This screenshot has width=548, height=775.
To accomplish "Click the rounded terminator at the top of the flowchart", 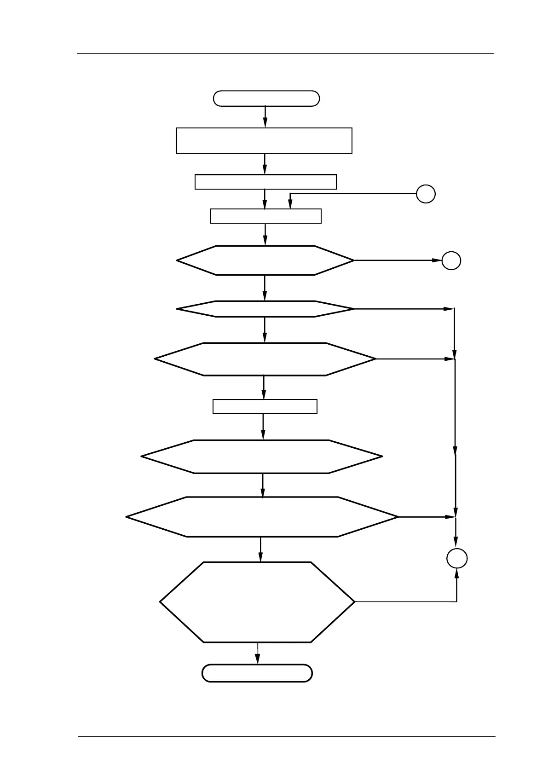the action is (x=266, y=98).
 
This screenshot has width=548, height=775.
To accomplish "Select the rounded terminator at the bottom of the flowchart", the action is (x=257, y=673).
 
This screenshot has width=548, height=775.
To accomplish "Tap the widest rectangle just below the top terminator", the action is (x=264, y=140).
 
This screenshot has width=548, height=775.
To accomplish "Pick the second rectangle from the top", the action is (x=265, y=182).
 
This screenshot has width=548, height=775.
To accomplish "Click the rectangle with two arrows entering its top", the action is (x=265, y=216).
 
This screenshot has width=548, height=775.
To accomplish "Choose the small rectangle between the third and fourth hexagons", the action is (x=265, y=406).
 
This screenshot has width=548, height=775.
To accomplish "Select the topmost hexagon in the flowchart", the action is (x=265, y=260).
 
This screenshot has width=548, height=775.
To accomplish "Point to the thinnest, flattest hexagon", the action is (x=265, y=309).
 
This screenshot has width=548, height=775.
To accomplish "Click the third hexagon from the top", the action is (x=265, y=359).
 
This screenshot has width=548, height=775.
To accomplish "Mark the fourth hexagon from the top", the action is (x=262, y=457).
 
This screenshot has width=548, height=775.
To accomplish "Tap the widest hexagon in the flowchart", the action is (x=262, y=517).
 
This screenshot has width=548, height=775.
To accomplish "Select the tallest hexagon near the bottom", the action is (x=257, y=601).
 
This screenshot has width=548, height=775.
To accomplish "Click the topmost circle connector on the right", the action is (x=426, y=194).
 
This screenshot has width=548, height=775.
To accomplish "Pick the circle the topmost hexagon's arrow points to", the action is (x=451, y=260).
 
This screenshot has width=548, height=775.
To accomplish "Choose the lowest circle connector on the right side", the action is (x=457, y=558).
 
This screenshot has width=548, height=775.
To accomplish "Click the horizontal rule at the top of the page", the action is (x=285, y=54).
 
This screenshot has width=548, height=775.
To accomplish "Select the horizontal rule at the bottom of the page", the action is (x=286, y=737).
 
